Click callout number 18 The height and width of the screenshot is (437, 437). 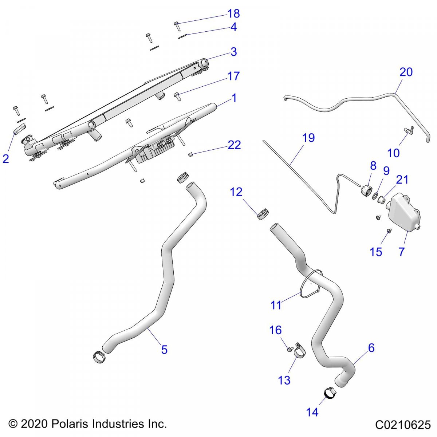pyautogui.click(x=233, y=13)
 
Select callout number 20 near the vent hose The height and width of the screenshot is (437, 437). pyautogui.click(x=406, y=72)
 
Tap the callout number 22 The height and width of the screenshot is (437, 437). pyautogui.click(x=234, y=145)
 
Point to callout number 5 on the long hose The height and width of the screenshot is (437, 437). pyautogui.click(x=164, y=350)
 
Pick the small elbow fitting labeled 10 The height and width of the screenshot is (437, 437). pyautogui.click(x=408, y=130)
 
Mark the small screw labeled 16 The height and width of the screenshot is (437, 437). pyautogui.click(x=290, y=349)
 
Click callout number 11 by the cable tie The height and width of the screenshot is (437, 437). pyautogui.click(x=276, y=305)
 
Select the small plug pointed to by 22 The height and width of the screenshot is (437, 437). pyautogui.click(x=190, y=155)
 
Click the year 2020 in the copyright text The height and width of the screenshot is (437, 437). pyautogui.click(x=34, y=424)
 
